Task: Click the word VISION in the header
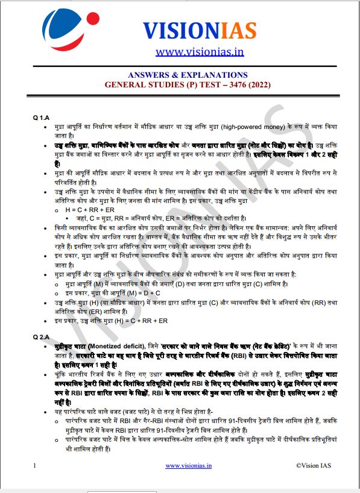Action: (175, 31)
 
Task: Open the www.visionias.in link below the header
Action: (199, 52)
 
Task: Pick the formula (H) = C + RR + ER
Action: (137, 321)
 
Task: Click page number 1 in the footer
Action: (36, 465)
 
